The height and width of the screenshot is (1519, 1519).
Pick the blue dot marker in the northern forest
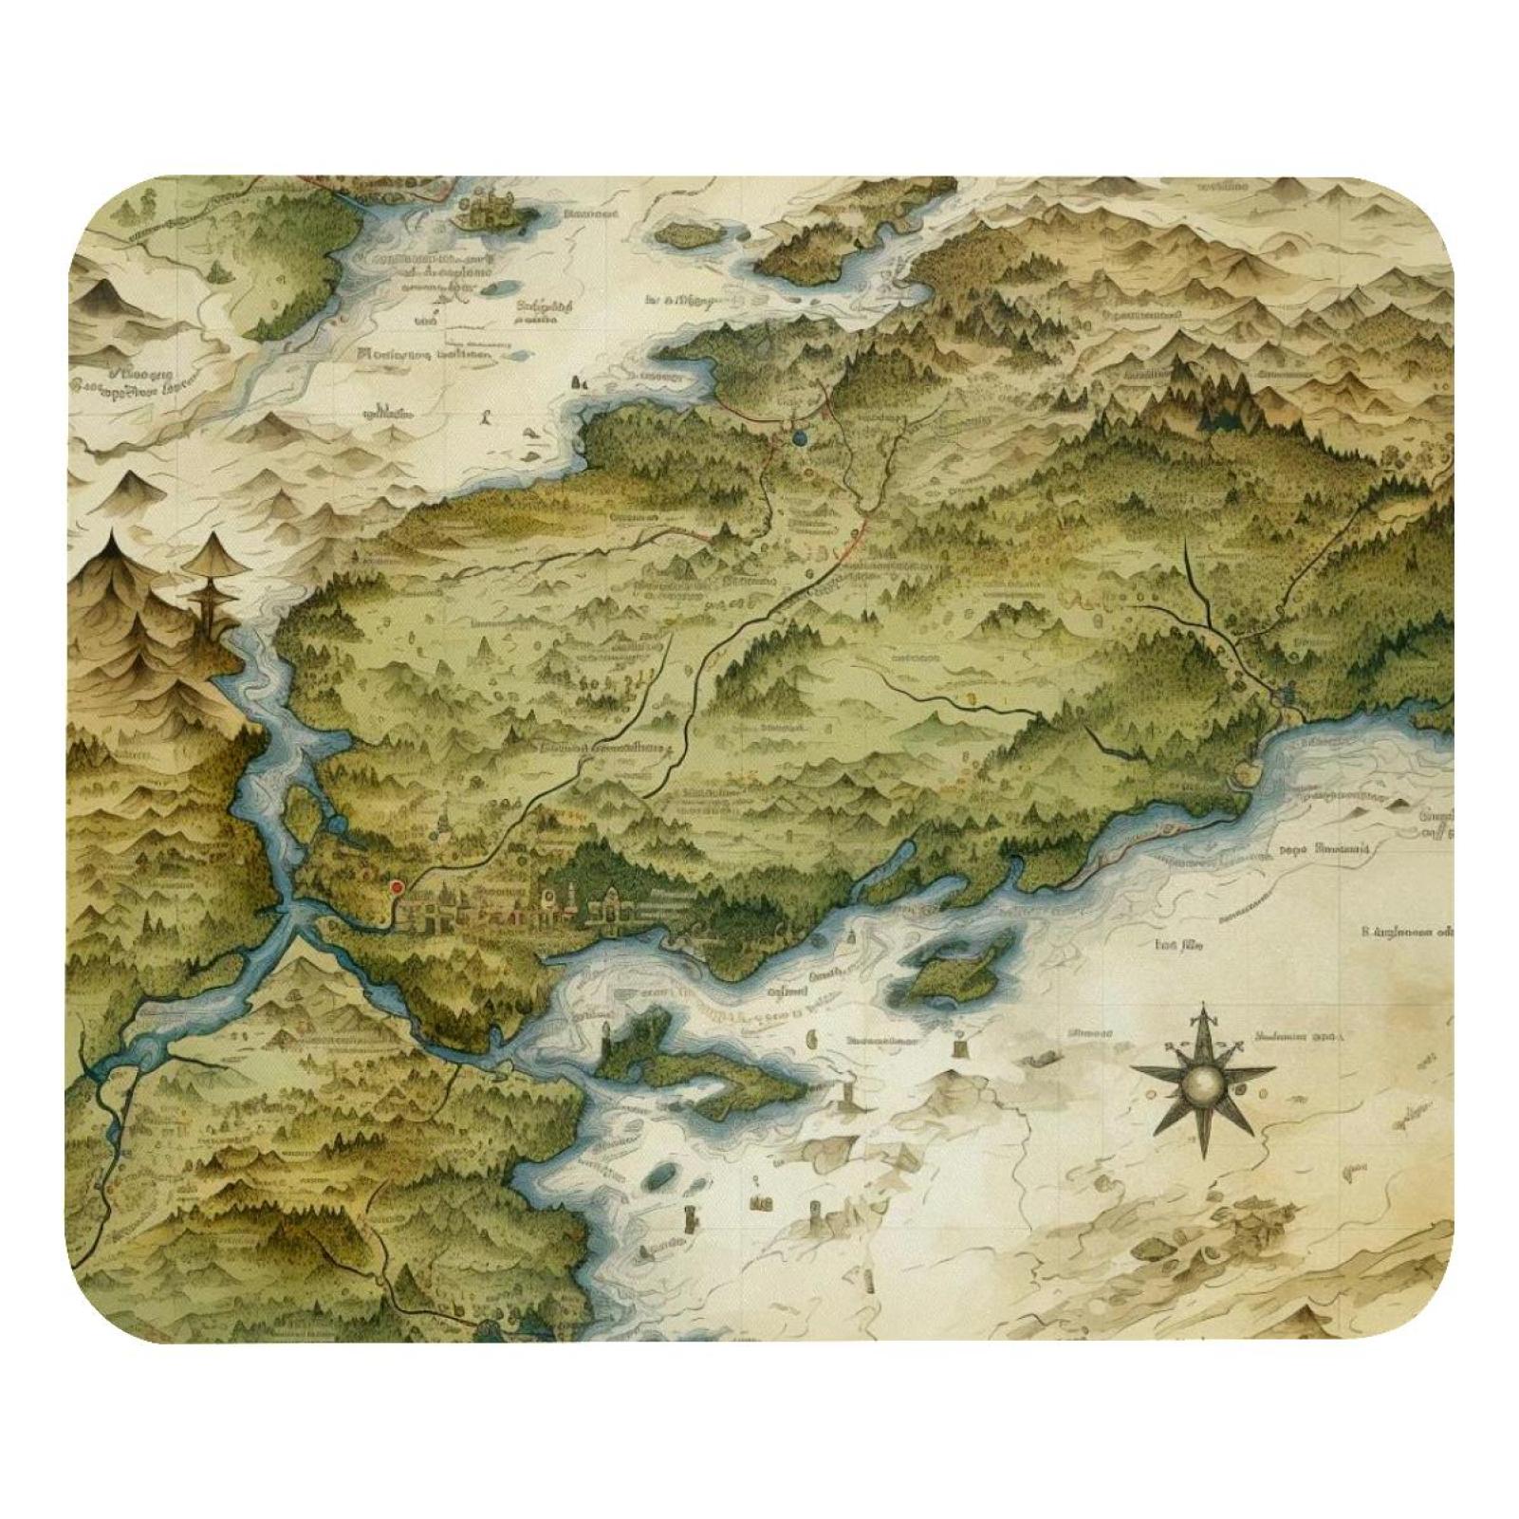click(x=798, y=437)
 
